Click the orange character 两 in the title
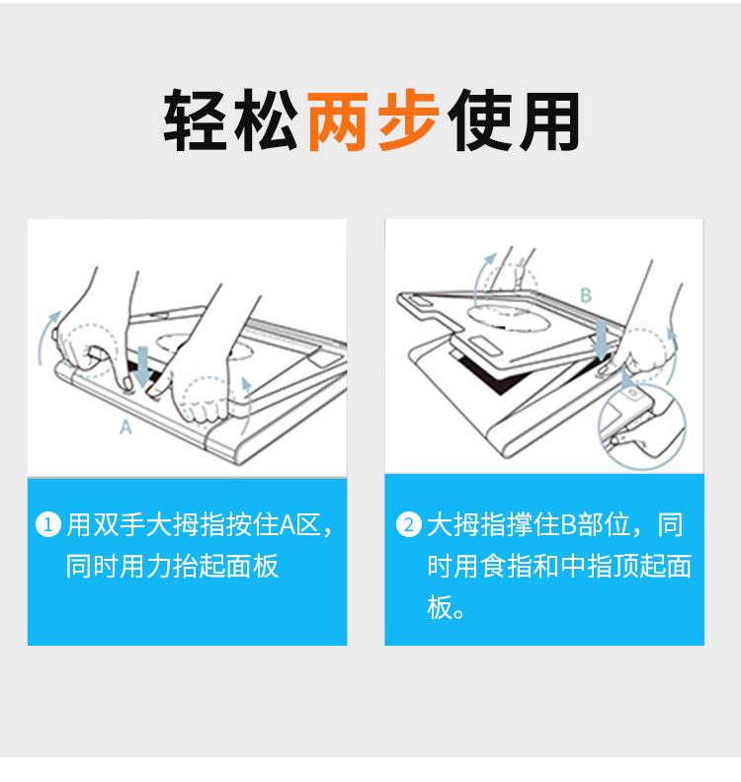pyautogui.click(x=338, y=121)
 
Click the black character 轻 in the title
pyautogui.click(x=195, y=120)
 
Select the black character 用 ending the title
pyautogui.click(x=549, y=121)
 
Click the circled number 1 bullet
pyautogui.click(x=47, y=524)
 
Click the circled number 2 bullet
pyautogui.click(x=409, y=524)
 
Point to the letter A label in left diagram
pyautogui.click(x=125, y=428)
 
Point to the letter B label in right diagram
pyautogui.click(x=586, y=295)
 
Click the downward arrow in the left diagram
pyautogui.click(x=143, y=366)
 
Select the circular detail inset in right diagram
pyautogui.click(x=642, y=428)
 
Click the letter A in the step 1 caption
pyautogui.click(x=288, y=525)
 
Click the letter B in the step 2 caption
pyautogui.click(x=569, y=525)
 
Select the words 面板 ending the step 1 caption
pyautogui.click(x=252, y=566)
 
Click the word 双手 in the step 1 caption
pyautogui.click(x=119, y=525)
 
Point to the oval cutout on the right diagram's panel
pyautogui.click(x=509, y=318)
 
